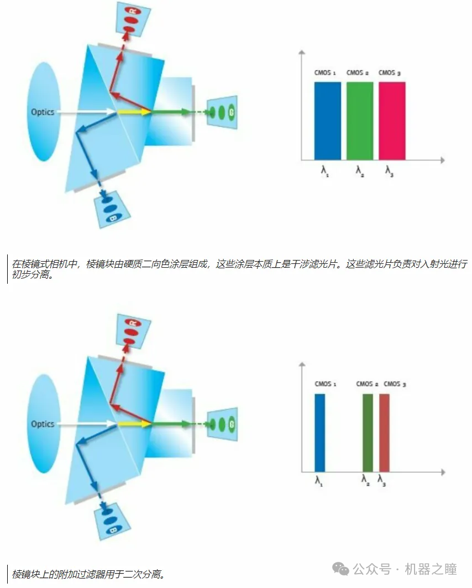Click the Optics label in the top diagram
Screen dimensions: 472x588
[43, 112]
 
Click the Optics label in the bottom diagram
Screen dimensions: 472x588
[43, 424]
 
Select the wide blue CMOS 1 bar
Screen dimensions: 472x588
[328, 121]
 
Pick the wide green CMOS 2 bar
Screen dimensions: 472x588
[360, 121]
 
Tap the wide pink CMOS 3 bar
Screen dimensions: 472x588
[392, 121]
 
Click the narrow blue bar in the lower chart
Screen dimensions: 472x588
[320, 432]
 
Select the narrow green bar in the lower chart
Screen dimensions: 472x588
[368, 432]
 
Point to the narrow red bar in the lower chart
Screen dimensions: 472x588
[384, 432]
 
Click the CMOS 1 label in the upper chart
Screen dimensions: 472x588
[325, 72]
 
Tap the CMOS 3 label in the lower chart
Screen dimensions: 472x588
[395, 384]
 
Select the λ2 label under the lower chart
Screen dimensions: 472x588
[365, 480]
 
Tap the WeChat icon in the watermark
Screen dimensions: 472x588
[343, 569]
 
